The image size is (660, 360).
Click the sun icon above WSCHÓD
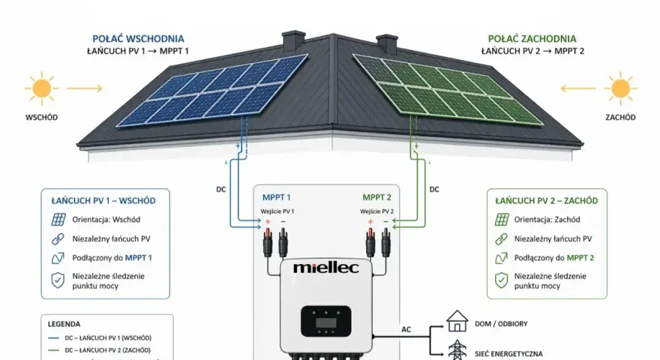tap(41, 88)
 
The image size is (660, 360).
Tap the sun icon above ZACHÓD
tap(620, 88)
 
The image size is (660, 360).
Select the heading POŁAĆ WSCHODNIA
tap(139, 39)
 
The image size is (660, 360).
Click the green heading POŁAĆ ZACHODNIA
tap(532, 39)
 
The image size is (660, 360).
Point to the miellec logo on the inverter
tap(326, 267)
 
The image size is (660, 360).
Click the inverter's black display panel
tap(325, 321)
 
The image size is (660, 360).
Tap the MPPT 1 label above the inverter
tap(277, 197)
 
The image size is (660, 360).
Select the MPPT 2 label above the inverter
tap(376, 197)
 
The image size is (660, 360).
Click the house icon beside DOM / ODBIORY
tap(457, 321)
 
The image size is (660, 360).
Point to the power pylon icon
tap(457, 350)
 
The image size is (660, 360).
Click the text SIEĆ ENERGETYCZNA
tap(508, 354)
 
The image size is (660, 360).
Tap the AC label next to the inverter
tap(406, 329)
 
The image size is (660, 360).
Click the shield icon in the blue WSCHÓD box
tap(58, 280)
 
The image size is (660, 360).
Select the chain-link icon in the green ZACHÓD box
tap(501, 238)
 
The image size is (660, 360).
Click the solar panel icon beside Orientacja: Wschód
tap(58, 219)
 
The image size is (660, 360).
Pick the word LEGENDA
tap(64, 324)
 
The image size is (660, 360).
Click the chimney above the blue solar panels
tap(293, 40)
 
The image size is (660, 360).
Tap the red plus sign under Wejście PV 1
tap(267, 221)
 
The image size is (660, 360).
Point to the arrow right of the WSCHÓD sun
tap(85, 88)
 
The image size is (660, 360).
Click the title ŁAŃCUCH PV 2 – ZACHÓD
tap(546, 201)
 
